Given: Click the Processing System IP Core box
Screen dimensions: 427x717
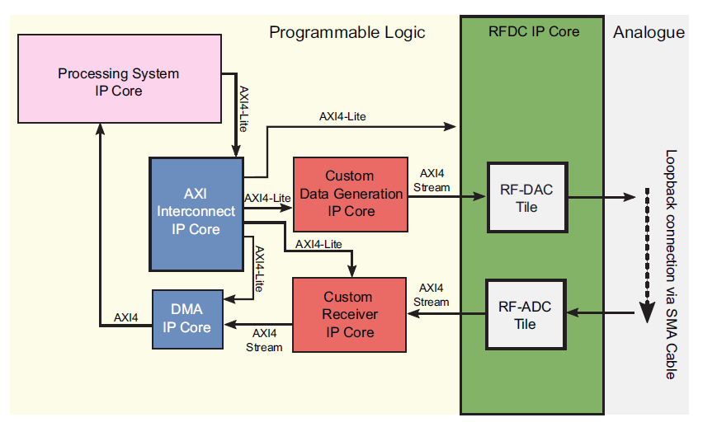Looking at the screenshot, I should (118, 82).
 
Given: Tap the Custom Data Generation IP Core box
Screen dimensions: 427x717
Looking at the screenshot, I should (350, 194).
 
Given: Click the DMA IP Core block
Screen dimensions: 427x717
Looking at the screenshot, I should (186, 318).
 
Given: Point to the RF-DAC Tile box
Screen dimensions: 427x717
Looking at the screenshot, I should (526, 198).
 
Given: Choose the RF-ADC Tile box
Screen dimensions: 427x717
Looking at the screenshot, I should (525, 316).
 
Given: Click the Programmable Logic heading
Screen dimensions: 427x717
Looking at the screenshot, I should (347, 32).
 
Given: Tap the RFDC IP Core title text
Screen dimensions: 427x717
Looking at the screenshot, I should (533, 31).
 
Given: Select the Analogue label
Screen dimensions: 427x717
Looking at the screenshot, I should (649, 32).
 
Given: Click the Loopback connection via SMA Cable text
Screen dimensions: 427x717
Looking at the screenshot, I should (671, 264).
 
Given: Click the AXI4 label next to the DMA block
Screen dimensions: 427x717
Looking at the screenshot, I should (126, 317).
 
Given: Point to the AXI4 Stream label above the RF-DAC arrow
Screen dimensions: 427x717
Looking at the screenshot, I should (432, 181).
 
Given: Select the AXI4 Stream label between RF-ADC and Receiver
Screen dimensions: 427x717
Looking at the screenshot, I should (432, 295).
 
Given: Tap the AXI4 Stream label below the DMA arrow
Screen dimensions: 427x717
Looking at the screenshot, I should (264, 340).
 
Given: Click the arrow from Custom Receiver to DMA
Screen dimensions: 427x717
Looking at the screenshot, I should (259, 322).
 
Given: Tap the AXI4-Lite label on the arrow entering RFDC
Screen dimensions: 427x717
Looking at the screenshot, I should (342, 116).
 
